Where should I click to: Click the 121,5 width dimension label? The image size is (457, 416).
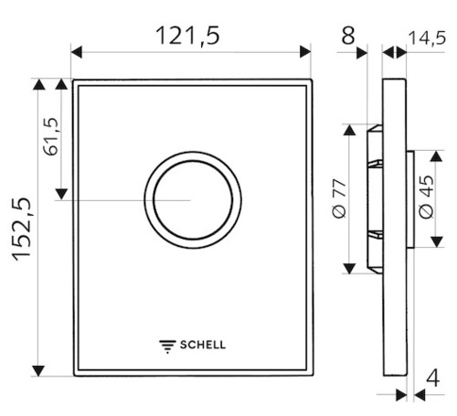[x=187, y=36]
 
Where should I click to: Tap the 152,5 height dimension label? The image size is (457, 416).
[x=22, y=229]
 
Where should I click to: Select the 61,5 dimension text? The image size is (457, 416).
[x=51, y=136]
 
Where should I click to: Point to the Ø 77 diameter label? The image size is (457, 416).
[x=339, y=198]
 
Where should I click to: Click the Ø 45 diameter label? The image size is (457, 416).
[x=426, y=197]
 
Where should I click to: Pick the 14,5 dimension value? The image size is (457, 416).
[x=427, y=38]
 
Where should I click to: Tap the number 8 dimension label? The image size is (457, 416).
[x=348, y=36]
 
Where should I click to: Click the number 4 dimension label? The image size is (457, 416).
[x=432, y=379]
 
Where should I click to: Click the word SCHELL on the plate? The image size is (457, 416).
[x=203, y=345]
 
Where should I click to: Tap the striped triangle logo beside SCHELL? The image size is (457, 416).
[x=167, y=347]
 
